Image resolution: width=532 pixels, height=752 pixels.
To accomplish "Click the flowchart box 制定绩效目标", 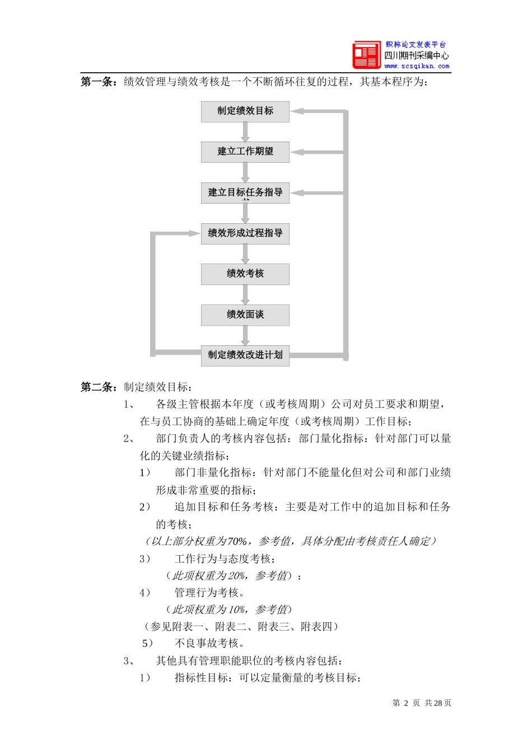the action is click(x=245, y=111).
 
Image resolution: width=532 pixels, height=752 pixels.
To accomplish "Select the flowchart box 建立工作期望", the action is click(x=245, y=152).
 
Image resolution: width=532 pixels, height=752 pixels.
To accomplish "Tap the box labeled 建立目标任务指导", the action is click(x=245, y=192).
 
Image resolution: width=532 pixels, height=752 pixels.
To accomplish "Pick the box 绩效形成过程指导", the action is click(x=245, y=233).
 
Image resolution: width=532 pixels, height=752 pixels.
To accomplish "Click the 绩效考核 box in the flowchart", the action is click(x=245, y=274).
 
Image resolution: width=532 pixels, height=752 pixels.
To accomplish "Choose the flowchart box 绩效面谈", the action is click(x=245, y=315).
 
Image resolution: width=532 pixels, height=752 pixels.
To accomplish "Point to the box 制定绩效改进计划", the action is click(x=245, y=355).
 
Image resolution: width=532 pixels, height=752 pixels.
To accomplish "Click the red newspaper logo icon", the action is click(x=366, y=55).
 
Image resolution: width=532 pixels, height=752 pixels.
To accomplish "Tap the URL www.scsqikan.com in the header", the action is click(x=417, y=66).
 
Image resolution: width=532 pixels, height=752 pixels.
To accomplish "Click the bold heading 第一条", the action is click(x=98, y=82).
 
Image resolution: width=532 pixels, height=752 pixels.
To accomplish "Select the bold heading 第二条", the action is click(x=98, y=387).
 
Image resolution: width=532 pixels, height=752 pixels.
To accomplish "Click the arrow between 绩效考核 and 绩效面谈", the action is click(x=245, y=295).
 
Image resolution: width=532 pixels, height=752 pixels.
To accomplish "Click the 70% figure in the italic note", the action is click(x=237, y=542).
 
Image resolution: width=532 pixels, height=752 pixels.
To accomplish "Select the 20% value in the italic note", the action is click(x=237, y=576).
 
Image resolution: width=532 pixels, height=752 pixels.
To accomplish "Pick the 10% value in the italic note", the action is click(x=237, y=610).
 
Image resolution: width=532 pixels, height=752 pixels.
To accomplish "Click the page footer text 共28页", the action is click(x=438, y=703).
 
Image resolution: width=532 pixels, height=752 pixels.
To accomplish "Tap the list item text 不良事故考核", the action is click(x=209, y=643).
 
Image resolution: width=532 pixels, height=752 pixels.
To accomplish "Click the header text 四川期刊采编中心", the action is click(x=417, y=55).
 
